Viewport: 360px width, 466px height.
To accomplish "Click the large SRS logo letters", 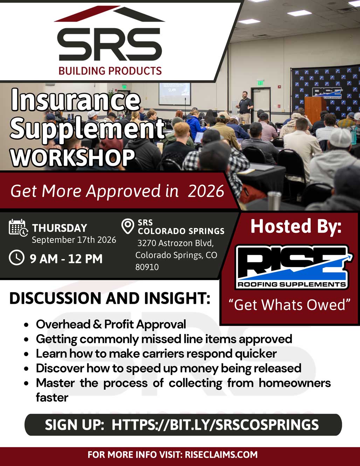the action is tap(110, 44).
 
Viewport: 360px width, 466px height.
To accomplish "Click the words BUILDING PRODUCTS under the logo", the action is tap(110, 71).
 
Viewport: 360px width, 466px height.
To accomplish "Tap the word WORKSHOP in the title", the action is tap(73, 157).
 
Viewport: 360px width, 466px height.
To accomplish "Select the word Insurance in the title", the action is tap(75, 100).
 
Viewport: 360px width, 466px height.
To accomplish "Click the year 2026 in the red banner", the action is tap(206, 191).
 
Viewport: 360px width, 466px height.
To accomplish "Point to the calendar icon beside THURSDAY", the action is tap(18, 227).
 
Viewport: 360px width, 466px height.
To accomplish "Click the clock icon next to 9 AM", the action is tap(16, 257).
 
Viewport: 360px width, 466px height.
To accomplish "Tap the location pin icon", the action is tap(127, 226).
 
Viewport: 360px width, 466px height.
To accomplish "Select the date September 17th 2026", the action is tap(74, 240).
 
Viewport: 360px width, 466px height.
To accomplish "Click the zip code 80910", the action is tap(147, 267).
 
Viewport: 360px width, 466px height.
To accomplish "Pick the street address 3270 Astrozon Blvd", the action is tap(175, 243).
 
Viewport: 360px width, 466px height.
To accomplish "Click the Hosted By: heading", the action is tap(296, 226).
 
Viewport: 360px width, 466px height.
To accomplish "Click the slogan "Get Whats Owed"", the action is tap(290, 304).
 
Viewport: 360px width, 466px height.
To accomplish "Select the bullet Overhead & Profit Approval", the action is tap(111, 324).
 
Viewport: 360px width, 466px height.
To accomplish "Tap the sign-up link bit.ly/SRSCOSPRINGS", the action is tap(215, 424).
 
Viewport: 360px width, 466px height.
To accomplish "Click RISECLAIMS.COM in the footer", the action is tap(221, 455).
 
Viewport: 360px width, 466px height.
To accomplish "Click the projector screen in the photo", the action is tap(174, 94).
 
